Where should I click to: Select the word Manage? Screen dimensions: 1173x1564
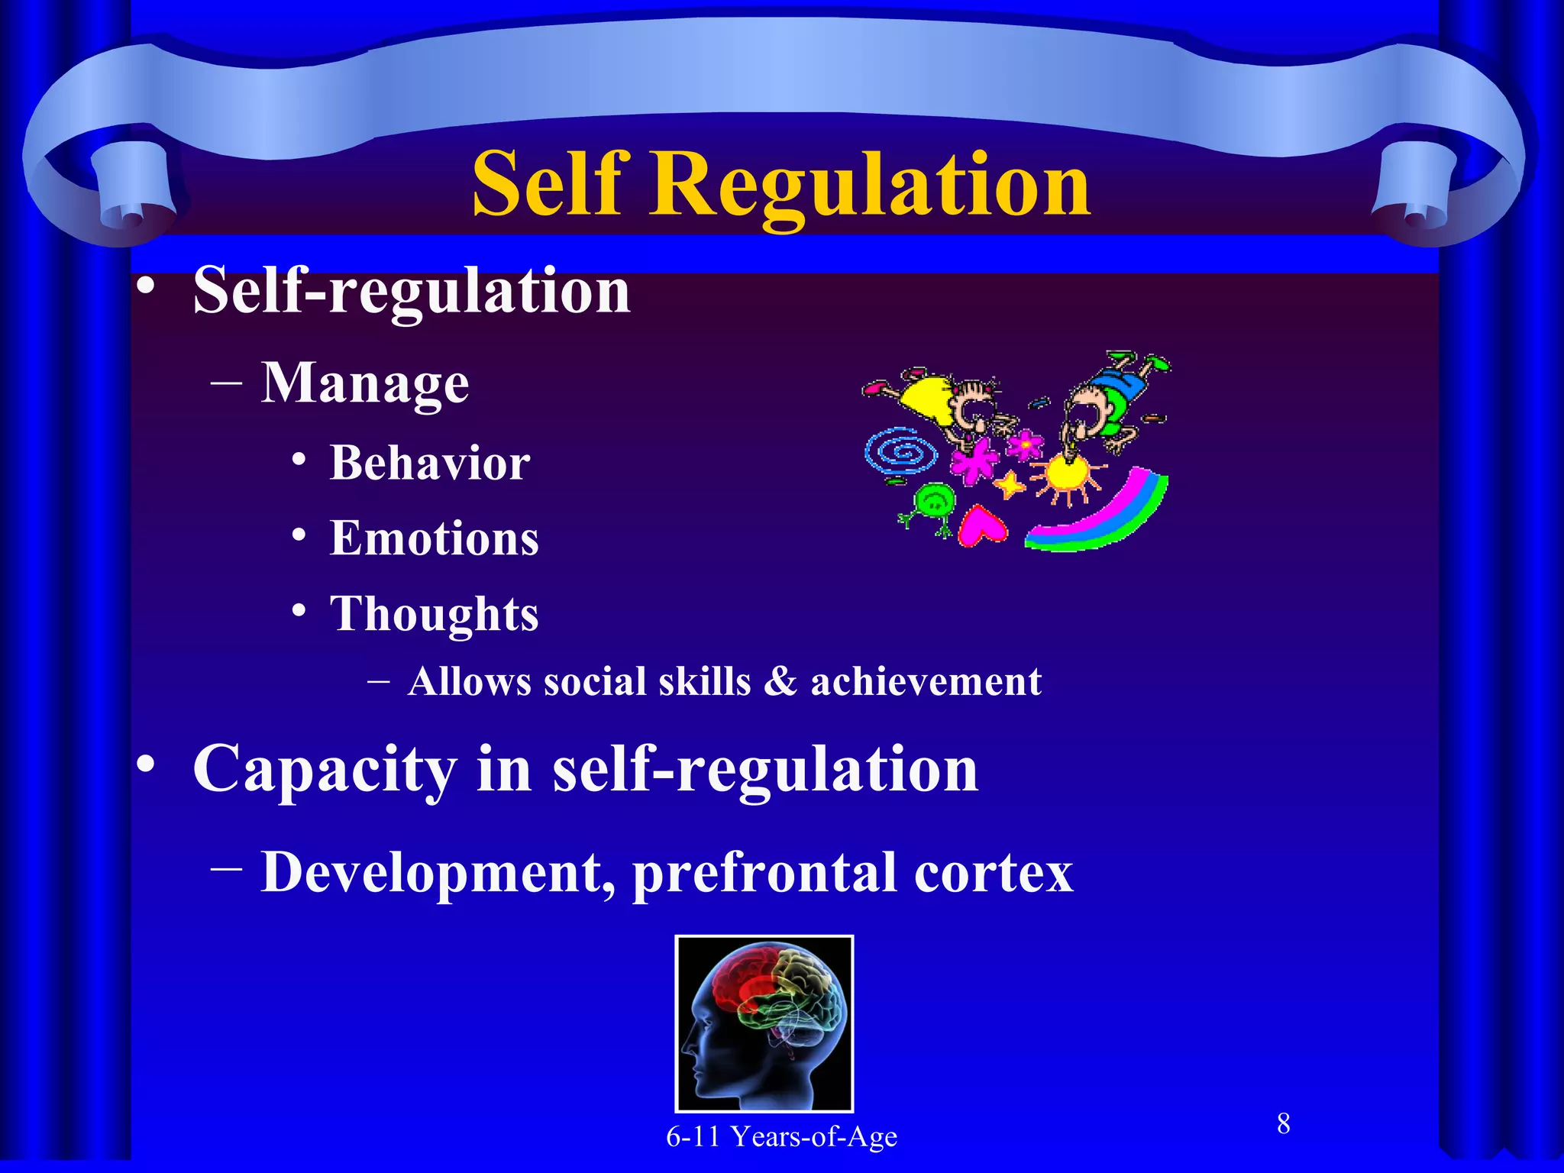pos(365,383)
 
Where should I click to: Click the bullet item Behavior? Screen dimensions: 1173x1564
pos(430,464)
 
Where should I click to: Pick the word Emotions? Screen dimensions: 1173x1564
pos(434,538)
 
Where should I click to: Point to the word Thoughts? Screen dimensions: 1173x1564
pos(434,614)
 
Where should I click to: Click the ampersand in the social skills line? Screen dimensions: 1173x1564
pos(780,681)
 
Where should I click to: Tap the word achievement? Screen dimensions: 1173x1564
pos(926,681)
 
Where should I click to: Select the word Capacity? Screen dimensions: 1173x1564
pos(325,770)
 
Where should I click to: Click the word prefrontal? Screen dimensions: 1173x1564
pos(764,873)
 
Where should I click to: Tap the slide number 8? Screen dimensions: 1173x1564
pos(1284,1123)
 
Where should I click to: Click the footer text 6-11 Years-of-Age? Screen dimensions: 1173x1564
pos(781,1136)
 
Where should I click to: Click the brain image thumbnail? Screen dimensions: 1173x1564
pos(764,1023)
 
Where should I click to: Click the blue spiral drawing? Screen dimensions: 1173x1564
pos(902,454)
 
